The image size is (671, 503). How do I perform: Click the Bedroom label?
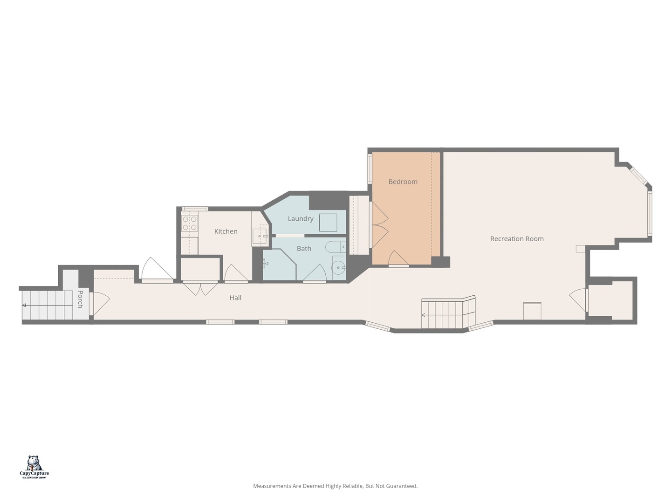(403, 182)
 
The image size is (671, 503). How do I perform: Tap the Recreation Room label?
(517, 239)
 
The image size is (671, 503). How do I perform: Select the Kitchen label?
(226, 231)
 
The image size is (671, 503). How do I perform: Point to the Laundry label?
(301, 218)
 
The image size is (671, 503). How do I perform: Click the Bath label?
(304, 249)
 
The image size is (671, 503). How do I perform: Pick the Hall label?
(235, 298)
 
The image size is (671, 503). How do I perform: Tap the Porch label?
(80, 299)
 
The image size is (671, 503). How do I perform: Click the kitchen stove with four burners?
(190, 223)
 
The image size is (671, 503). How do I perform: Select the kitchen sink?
(260, 237)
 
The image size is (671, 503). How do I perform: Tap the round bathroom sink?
(338, 268)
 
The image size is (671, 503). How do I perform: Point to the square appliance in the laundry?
(328, 223)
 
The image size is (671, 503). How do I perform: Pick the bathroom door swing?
(315, 273)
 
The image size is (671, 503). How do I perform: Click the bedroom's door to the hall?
(398, 259)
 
